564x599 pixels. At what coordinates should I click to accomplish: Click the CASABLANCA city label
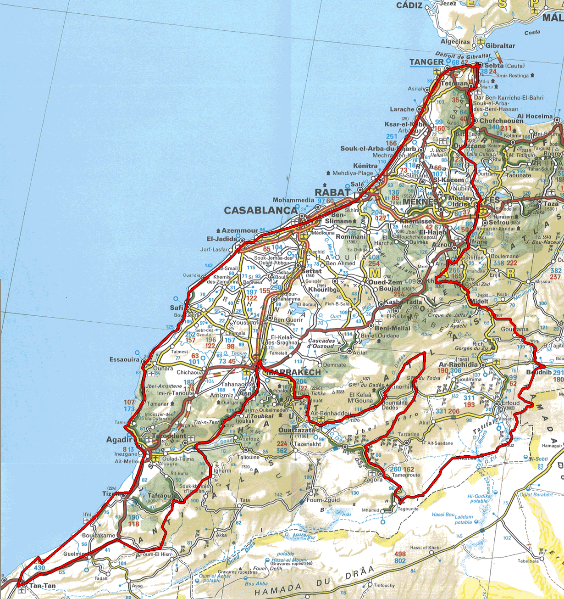click(260, 210)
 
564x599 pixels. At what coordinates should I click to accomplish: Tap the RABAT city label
click(332, 193)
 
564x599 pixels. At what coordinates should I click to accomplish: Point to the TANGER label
click(426, 62)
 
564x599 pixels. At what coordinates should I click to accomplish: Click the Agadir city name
click(119, 440)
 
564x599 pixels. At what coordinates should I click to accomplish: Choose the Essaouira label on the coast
click(124, 359)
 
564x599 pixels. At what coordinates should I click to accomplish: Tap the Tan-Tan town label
click(42, 586)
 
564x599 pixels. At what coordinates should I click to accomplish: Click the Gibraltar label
click(500, 45)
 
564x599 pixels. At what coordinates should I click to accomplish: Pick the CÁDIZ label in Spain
click(409, 6)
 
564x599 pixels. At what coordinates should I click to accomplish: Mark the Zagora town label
click(373, 480)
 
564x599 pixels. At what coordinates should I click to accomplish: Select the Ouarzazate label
click(297, 431)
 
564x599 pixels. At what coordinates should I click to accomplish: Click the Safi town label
click(177, 308)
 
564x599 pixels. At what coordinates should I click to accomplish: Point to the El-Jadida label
click(222, 239)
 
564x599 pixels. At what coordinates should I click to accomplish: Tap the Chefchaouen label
click(501, 121)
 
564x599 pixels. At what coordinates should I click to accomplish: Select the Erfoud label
click(510, 403)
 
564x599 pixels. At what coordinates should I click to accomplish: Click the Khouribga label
click(324, 290)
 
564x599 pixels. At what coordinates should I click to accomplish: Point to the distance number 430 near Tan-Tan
click(39, 568)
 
